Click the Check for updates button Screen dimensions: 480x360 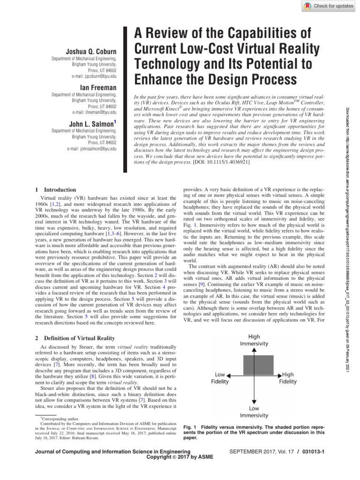click(x=326, y=6)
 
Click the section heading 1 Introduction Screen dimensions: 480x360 click(x=56, y=190)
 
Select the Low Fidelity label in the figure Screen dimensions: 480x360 click(x=220, y=378)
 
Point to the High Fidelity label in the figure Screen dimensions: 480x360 click(x=288, y=378)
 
